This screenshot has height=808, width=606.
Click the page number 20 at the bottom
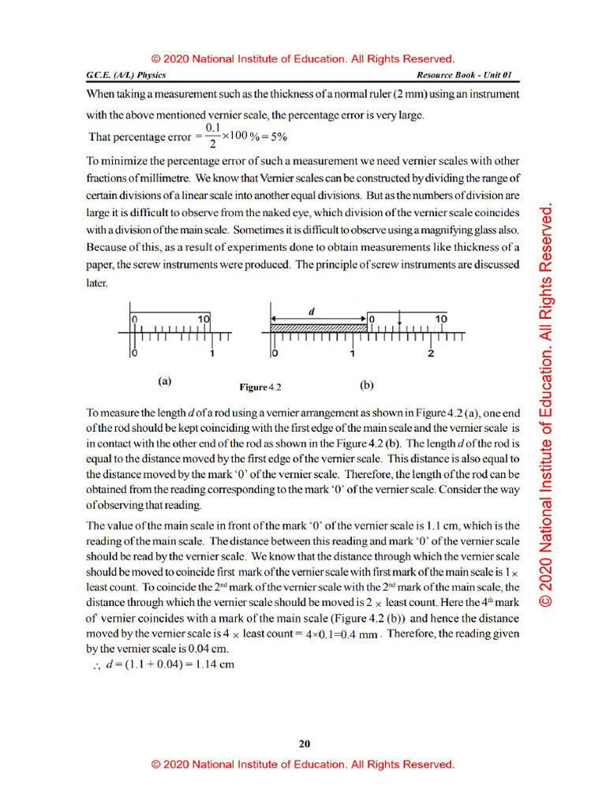305,743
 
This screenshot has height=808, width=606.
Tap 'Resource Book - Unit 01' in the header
465,75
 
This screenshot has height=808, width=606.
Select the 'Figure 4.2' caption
260,387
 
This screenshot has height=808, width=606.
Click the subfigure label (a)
164,381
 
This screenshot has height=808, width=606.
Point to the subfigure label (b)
366,386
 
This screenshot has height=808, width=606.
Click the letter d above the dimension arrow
312,311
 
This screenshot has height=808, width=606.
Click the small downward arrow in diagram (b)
401,321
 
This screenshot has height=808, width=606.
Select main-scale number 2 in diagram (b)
431,354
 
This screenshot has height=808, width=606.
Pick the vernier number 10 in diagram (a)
204,319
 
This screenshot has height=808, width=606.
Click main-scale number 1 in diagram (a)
212,354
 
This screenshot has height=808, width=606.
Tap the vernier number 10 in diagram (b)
441,319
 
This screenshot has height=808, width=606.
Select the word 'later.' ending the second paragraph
97,282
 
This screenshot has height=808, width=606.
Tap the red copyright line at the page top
303,58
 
